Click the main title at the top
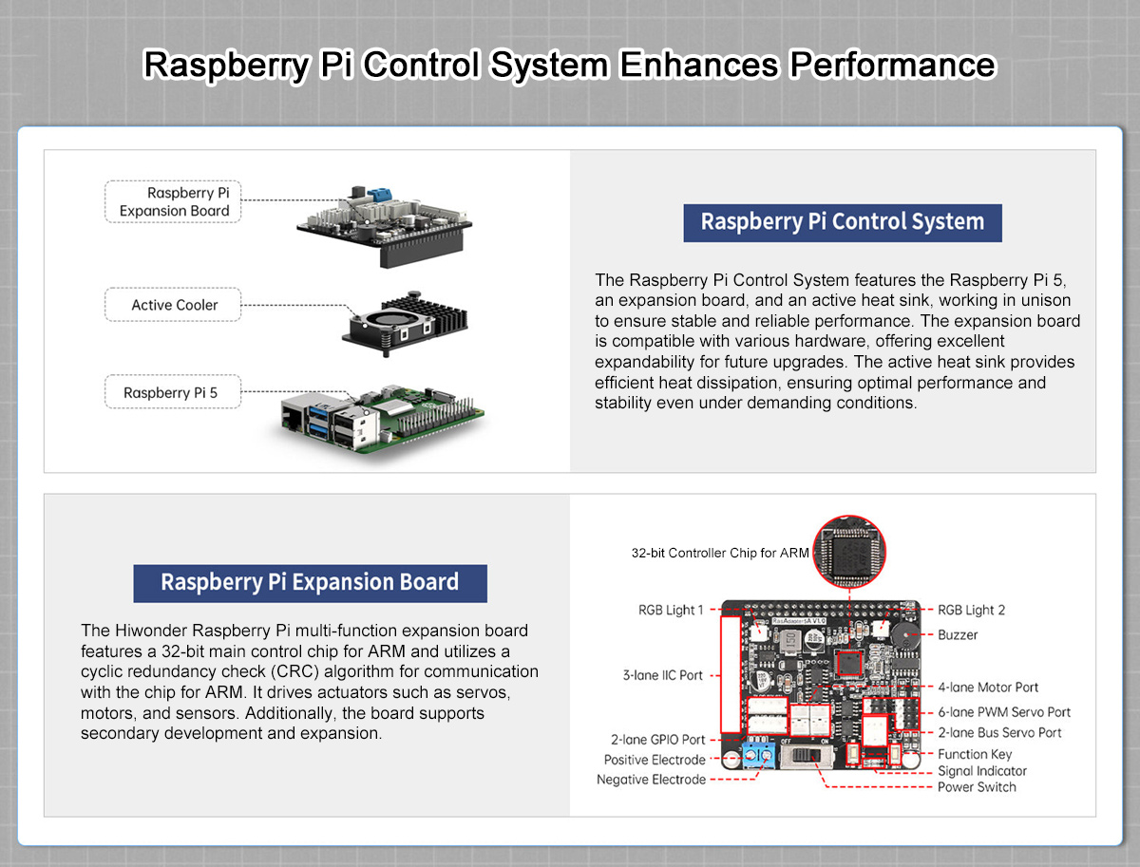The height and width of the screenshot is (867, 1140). tap(569, 66)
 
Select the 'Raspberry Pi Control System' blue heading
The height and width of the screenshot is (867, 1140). tap(842, 222)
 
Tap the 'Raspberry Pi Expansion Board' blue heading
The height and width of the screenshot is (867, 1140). tap(310, 582)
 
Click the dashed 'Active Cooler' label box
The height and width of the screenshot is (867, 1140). tap(174, 305)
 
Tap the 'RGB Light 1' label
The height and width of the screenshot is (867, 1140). tap(671, 610)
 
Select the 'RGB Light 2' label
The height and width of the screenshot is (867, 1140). tap(971, 610)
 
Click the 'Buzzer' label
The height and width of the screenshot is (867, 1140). tap(958, 634)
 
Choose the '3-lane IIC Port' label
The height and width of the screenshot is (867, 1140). tap(662, 675)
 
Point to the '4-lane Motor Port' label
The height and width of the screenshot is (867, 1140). tap(988, 687)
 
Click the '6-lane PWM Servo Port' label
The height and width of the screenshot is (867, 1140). tap(1003, 711)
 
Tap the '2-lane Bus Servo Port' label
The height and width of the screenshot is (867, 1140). tap(999, 732)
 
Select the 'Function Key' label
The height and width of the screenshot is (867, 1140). tap(975, 754)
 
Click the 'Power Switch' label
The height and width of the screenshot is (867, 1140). tap(977, 786)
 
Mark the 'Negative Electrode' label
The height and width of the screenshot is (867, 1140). tap(651, 780)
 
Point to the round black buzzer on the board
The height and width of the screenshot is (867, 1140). tap(909, 638)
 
